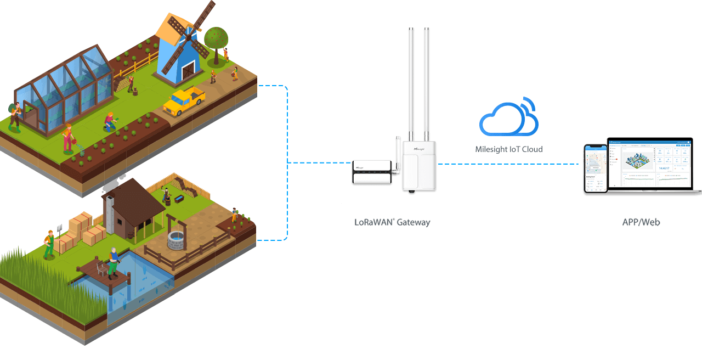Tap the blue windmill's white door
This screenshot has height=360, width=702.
point(188,70)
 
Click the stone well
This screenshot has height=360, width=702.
point(176,239)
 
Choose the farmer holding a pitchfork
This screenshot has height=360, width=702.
point(49,243)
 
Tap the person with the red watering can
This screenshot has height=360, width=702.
point(68,138)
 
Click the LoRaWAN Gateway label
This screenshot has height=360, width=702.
point(392,222)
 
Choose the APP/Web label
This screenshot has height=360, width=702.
point(641,222)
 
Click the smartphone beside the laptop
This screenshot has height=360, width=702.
point(596,168)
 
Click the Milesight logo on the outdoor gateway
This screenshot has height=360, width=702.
point(419,149)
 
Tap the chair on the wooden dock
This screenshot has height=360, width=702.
point(101,268)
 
